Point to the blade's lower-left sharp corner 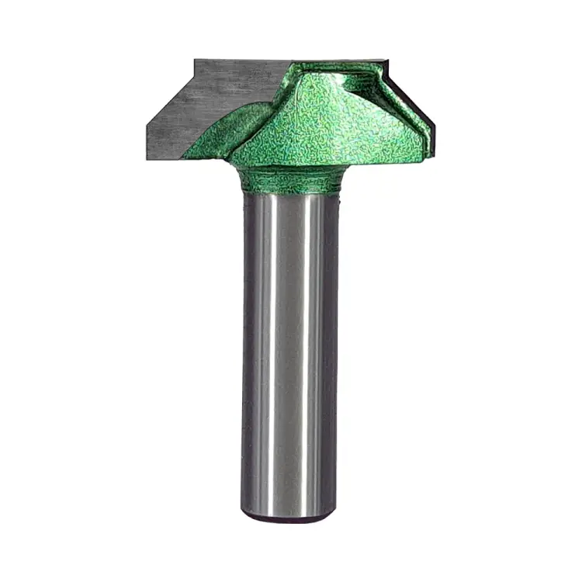(x=146, y=158)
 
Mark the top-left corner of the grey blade (x=195, y=60)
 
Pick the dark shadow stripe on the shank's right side (x=329, y=349)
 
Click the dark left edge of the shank (x=245, y=349)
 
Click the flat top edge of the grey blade (x=241, y=61)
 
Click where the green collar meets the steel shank (x=290, y=192)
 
